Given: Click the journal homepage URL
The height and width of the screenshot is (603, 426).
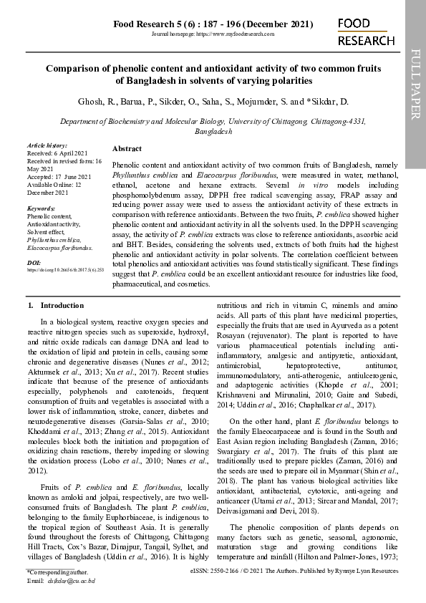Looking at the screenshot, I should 213,34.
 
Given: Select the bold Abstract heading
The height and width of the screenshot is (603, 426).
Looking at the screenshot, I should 127,148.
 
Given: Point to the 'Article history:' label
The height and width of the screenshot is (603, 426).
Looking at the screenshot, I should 47,145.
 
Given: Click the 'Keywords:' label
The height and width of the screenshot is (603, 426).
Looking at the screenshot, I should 41,208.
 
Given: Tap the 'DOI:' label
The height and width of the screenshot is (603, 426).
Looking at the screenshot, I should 34,263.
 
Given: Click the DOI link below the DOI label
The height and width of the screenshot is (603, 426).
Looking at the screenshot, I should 65,270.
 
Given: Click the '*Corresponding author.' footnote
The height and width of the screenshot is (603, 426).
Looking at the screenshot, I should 57,573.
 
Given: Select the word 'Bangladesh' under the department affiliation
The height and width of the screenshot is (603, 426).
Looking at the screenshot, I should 213,132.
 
